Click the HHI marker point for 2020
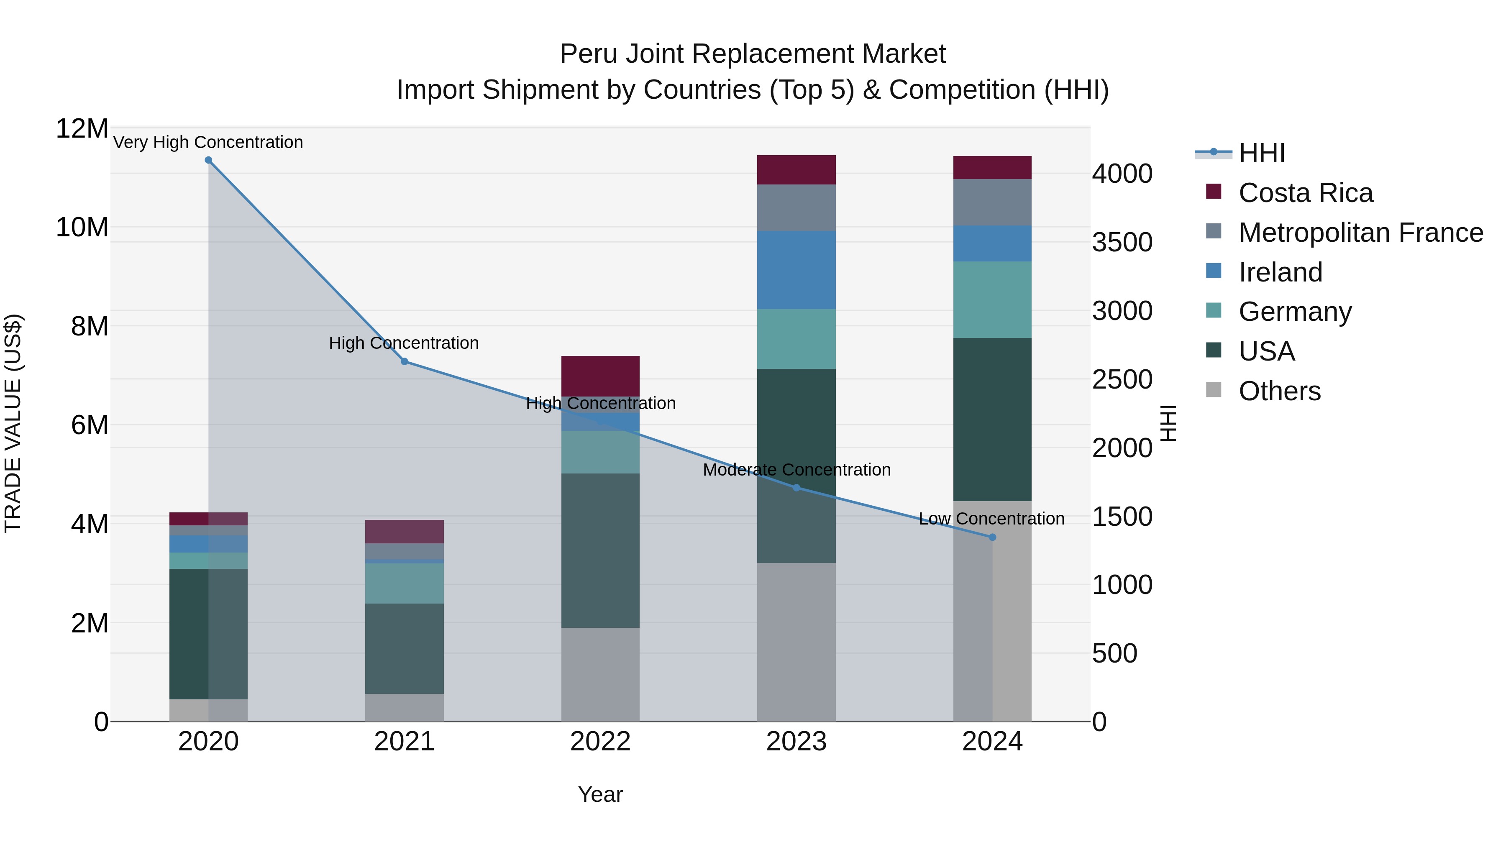(208, 160)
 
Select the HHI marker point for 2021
(404, 362)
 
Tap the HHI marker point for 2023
(796, 488)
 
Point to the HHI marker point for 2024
(992, 537)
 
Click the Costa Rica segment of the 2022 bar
(600, 376)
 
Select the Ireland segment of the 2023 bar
(796, 270)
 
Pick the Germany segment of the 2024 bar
(992, 299)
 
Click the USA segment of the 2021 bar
(404, 648)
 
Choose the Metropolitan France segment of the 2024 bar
(992, 202)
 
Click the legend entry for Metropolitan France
(1360, 233)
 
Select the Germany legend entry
(1294, 312)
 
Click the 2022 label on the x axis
(600, 742)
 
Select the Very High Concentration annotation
(208, 142)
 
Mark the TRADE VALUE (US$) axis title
(13, 423)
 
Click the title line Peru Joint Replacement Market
(753, 54)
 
